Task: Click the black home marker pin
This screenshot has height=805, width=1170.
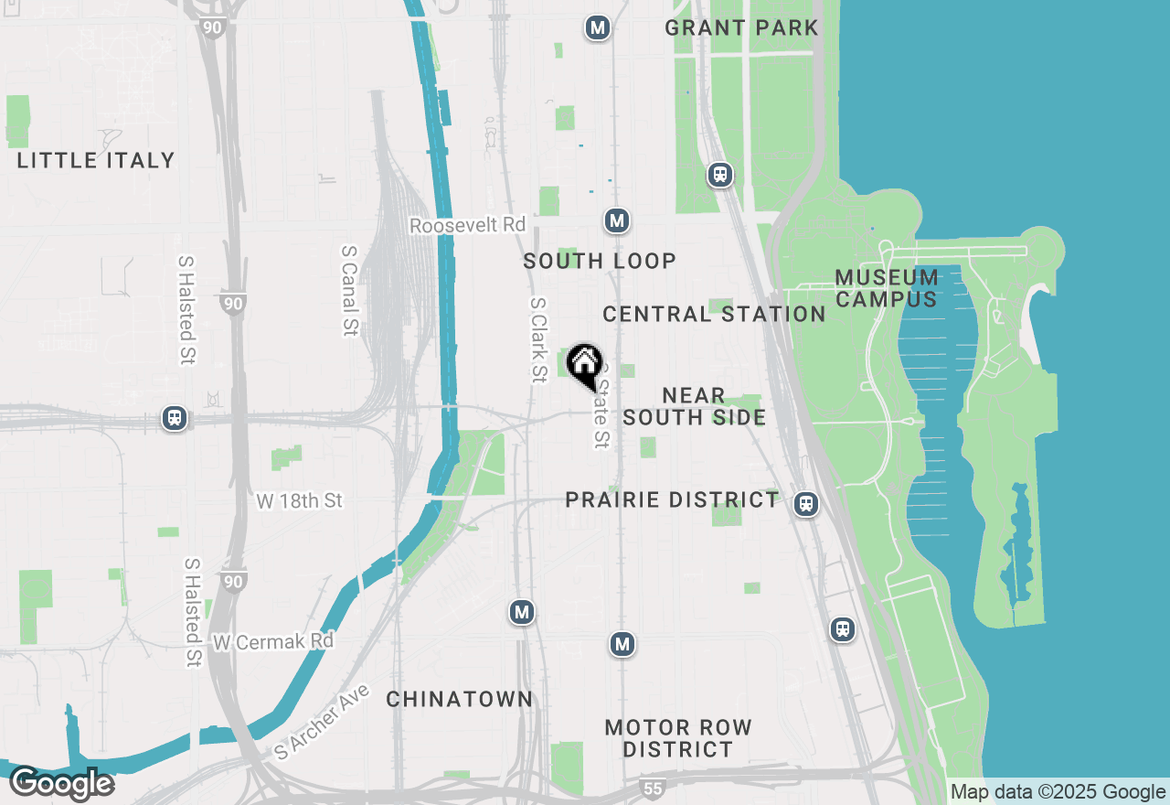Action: [x=584, y=365]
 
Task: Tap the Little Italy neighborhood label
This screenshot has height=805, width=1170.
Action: [x=96, y=160]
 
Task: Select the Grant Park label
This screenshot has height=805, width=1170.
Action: [x=741, y=27]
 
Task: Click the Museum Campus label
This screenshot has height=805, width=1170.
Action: [x=886, y=288]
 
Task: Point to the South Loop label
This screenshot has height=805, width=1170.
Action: [x=600, y=262]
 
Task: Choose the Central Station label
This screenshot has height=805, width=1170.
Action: [x=714, y=314]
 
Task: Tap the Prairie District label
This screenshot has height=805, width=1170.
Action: [x=672, y=499]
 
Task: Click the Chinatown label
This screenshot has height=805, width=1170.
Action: [x=459, y=699]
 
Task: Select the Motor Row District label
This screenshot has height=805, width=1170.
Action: [x=678, y=738]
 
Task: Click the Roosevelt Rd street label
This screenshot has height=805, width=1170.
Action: [x=467, y=225]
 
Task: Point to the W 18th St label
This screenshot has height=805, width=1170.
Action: [x=299, y=500]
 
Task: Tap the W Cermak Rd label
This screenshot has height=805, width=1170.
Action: [x=272, y=641]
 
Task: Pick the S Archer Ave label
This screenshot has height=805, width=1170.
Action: [x=322, y=723]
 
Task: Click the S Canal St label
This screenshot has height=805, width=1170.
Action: [x=348, y=290]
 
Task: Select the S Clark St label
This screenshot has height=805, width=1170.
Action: [x=538, y=338]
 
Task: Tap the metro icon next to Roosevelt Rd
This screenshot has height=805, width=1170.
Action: [x=617, y=220]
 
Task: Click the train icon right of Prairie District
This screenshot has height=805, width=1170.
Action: [x=805, y=503]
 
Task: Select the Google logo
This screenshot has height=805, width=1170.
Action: [x=61, y=784]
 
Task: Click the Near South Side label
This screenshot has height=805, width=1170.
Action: [x=694, y=406]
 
